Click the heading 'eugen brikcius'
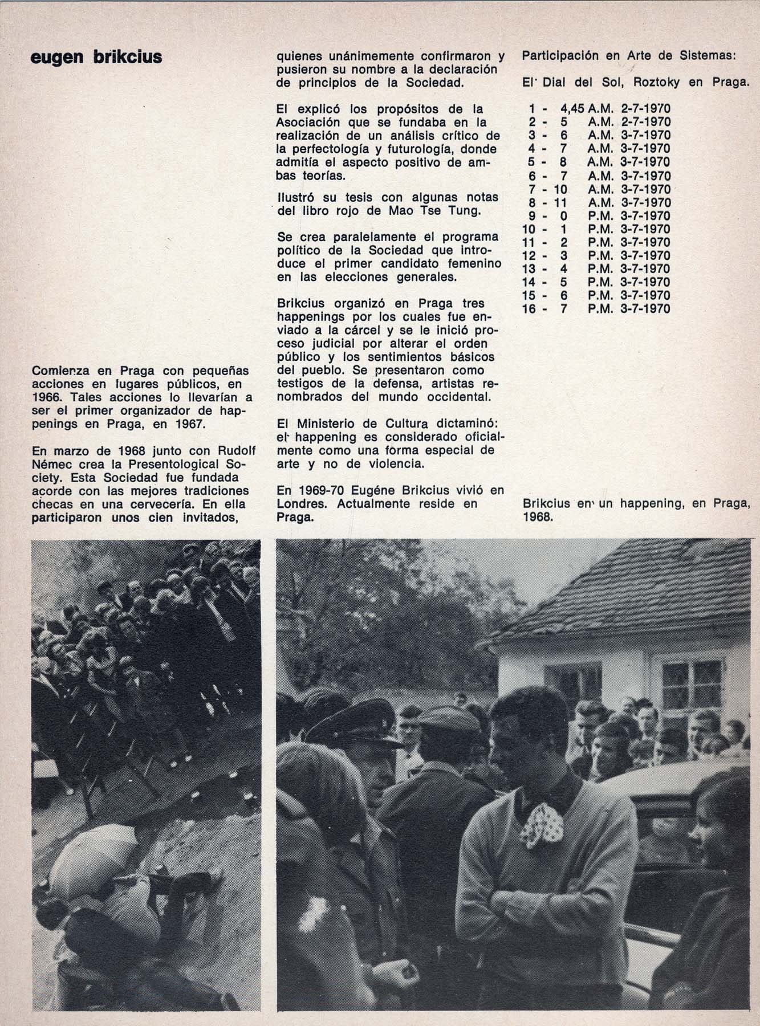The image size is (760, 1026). [x=96, y=58]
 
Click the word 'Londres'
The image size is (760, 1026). [x=302, y=504]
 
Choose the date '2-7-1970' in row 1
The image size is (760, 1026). [x=645, y=108]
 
